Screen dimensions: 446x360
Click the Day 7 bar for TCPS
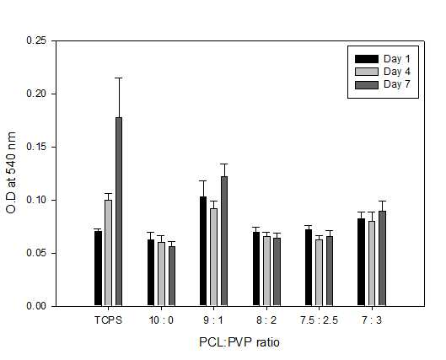tap(119, 212)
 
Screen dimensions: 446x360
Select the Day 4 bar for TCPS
tap(109, 253)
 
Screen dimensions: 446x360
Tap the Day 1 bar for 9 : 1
tap(203, 251)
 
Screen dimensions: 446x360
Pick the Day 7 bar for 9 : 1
tap(224, 241)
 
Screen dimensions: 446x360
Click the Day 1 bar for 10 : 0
tap(151, 273)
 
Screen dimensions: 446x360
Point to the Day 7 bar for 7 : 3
tap(382, 259)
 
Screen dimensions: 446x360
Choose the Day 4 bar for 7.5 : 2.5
tap(319, 273)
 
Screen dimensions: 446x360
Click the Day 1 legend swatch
tap(367, 59)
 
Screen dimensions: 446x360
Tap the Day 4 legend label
tap(397, 72)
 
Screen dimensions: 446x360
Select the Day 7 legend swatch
tap(367, 85)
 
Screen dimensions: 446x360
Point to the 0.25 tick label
tap(36, 40)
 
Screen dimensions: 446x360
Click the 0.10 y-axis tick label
tap(36, 200)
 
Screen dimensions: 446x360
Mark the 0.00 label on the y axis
tap(36, 306)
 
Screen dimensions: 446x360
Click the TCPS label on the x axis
tap(108, 320)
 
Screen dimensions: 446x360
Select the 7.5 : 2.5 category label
tap(319, 320)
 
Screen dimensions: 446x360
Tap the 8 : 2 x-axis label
tap(266, 320)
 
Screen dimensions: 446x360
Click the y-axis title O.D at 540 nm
tap(11, 173)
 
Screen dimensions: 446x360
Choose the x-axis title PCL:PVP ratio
tap(239, 342)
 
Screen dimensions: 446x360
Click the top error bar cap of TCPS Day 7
tap(119, 78)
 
